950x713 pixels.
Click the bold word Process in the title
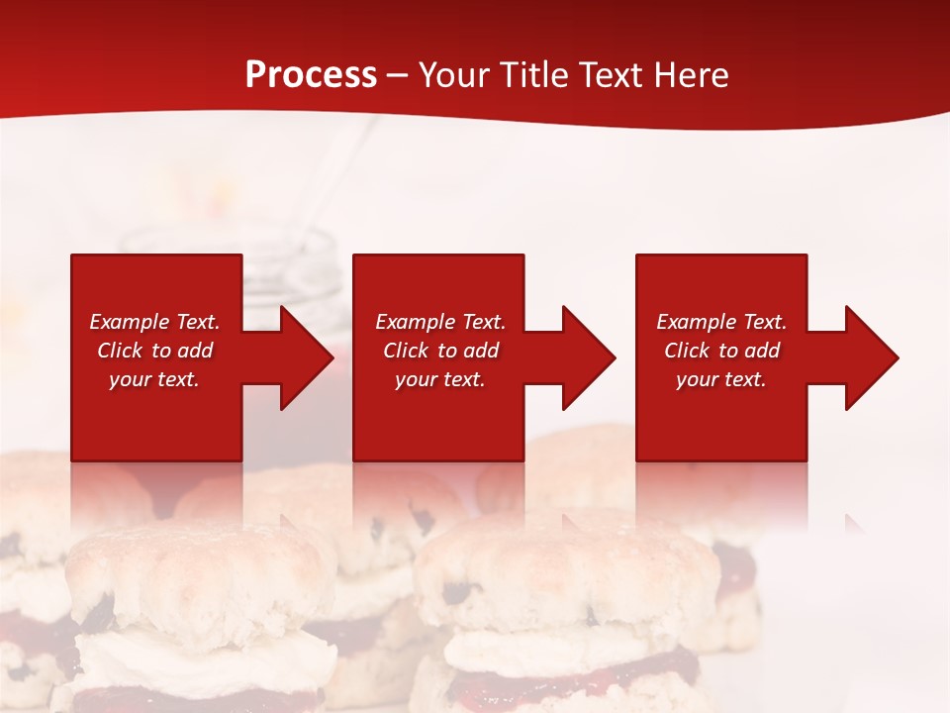[311, 75]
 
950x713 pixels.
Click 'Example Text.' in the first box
[154, 322]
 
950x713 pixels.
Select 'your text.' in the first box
[154, 379]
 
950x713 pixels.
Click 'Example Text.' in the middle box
[440, 322]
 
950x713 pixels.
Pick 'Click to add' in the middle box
[440, 351]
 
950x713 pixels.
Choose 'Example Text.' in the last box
[721, 322]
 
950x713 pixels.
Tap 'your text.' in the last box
[721, 379]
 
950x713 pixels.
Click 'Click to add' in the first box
[154, 351]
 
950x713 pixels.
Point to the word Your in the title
[455, 75]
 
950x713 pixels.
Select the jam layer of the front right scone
[574, 665]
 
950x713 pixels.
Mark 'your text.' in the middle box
[440, 379]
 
